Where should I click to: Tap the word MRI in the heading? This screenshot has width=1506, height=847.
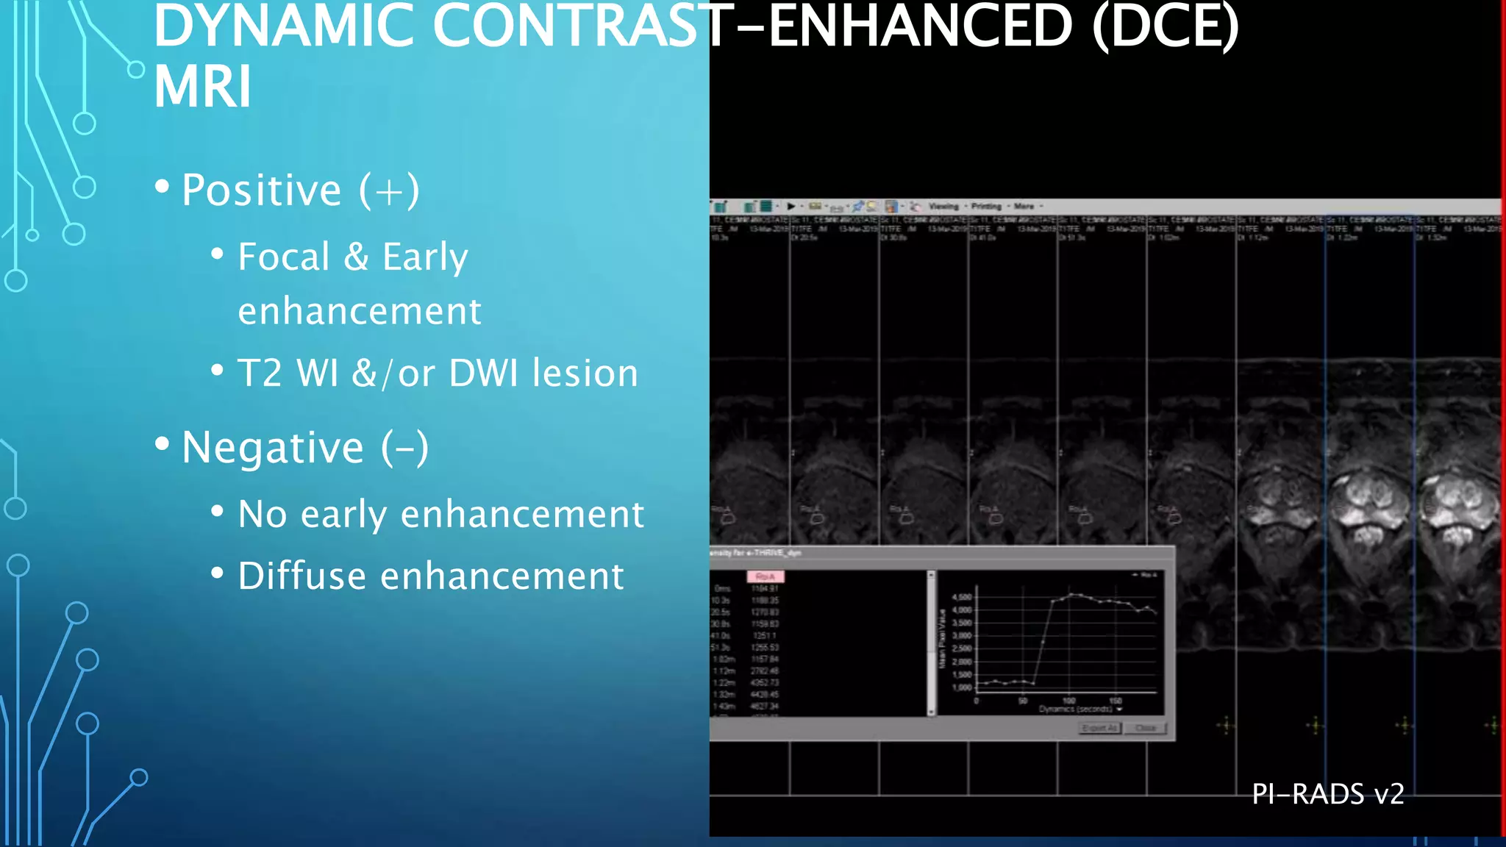pyautogui.click(x=203, y=87)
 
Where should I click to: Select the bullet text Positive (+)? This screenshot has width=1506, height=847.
pyautogui.click(x=300, y=190)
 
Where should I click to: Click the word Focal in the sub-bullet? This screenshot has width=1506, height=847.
pyautogui.click(x=283, y=257)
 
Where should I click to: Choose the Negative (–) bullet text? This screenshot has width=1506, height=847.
pyautogui.click(x=304, y=448)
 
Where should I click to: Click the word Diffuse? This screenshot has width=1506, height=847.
pyautogui.click(x=301, y=576)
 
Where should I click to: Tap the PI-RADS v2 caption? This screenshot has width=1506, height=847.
pyautogui.click(x=1327, y=794)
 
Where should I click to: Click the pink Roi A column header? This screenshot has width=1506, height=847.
pyautogui.click(x=765, y=576)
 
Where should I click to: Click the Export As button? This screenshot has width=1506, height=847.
pyautogui.click(x=1099, y=728)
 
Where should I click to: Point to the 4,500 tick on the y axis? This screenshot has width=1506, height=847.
pyautogui.click(x=962, y=597)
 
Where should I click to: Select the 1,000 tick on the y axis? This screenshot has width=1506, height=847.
pyautogui.click(x=962, y=687)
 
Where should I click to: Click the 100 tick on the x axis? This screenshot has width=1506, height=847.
pyautogui.click(x=1068, y=701)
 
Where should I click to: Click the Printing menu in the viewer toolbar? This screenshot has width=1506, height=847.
pyautogui.click(x=986, y=207)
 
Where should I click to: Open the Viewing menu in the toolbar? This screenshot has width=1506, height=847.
pyautogui.click(x=943, y=207)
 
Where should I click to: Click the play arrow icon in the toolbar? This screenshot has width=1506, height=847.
pyautogui.click(x=791, y=207)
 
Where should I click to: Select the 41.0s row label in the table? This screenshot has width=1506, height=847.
pyautogui.click(x=721, y=635)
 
